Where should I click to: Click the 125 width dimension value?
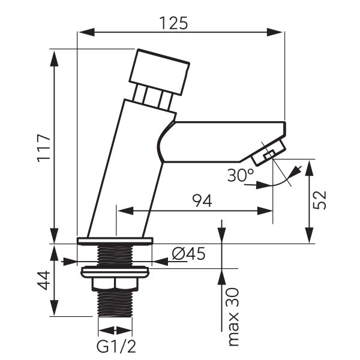pyautogui.click(x=173, y=22)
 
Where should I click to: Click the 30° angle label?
pyautogui.click(x=241, y=175)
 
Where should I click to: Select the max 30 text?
pyautogui.click(x=233, y=316)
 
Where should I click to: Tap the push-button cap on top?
pyautogui.click(x=160, y=72)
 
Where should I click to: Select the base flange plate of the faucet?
pyautogui.click(x=115, y=241)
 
